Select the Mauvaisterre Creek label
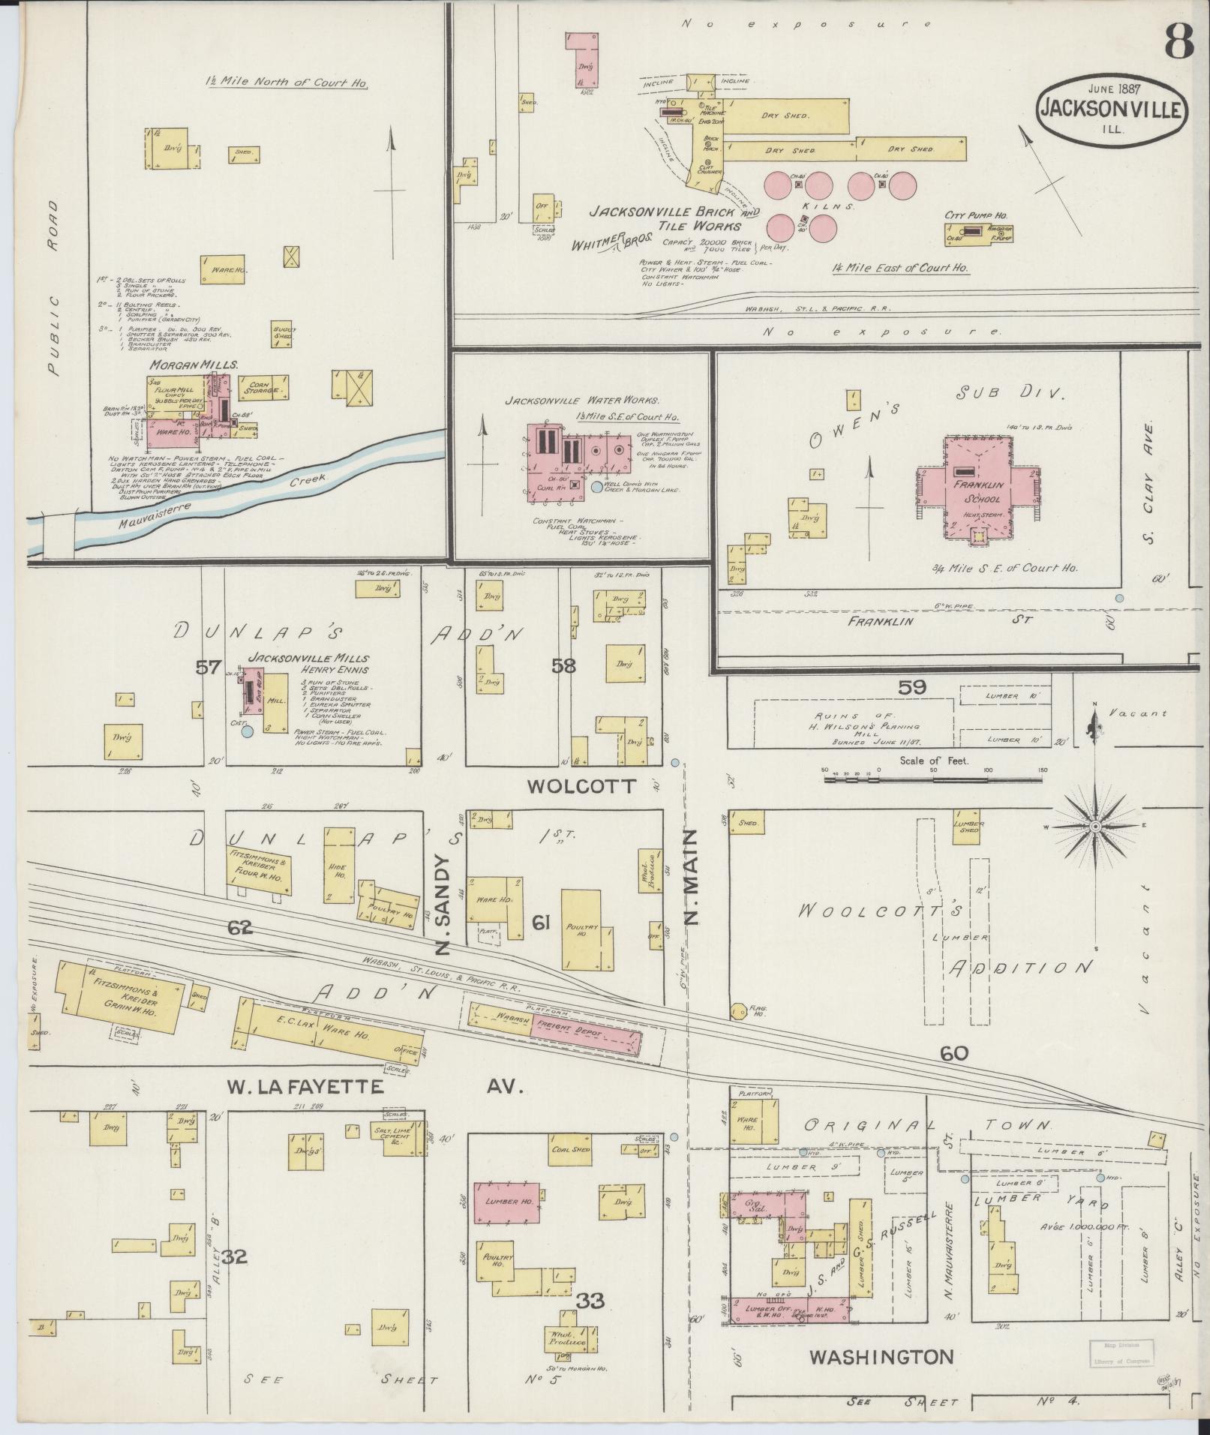coord(225,498)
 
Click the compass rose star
coord(1094,827)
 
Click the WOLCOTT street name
coord(581,786)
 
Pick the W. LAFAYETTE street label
coord(306,1087)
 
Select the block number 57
coord(208,666)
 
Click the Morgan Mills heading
coord(194,365)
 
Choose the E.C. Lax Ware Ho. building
coord(330,1034)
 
